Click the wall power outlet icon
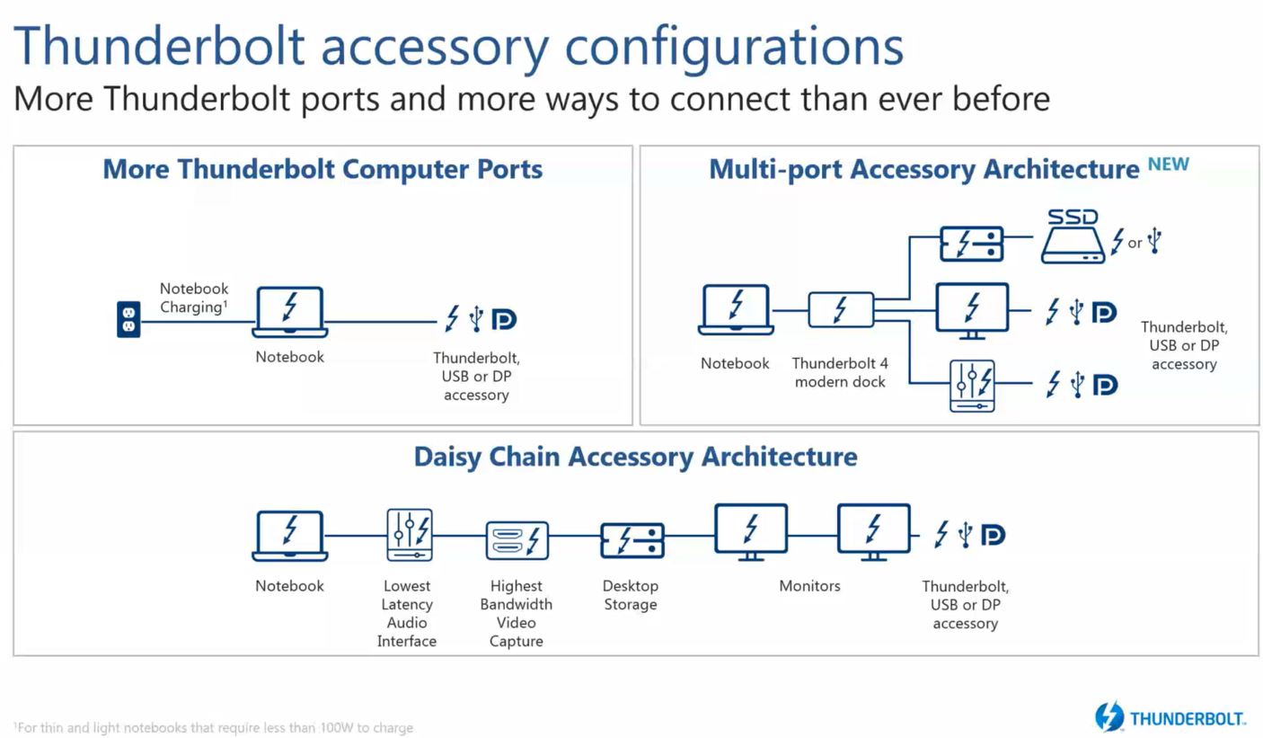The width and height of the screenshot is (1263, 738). point(128,319)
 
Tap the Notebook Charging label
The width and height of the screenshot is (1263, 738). point(194,298)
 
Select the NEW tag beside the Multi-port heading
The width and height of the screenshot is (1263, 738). point(1169,164)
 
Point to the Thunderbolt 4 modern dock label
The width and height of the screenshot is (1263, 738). point(840,372)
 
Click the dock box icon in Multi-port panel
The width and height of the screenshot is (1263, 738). point(841,310)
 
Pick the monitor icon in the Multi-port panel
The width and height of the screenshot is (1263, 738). point(972,311)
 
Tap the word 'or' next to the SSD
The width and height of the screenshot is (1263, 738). point(1135,244)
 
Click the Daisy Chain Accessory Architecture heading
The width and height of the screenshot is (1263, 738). point(635,457)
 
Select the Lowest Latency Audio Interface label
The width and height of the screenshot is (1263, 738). point(407,613)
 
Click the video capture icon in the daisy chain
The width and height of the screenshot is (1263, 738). point(517,540)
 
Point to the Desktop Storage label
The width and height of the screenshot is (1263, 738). point(631,595)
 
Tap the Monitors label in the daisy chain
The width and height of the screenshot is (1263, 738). point(809,586)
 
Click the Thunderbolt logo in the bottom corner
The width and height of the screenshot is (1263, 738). point(1170,716)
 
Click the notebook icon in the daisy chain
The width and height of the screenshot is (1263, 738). point(290,536)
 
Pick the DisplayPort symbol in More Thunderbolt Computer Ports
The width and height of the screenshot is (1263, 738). point(504,319)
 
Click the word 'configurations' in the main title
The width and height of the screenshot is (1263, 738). point(734,49)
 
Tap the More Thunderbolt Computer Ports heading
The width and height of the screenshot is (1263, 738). point(322,169)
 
